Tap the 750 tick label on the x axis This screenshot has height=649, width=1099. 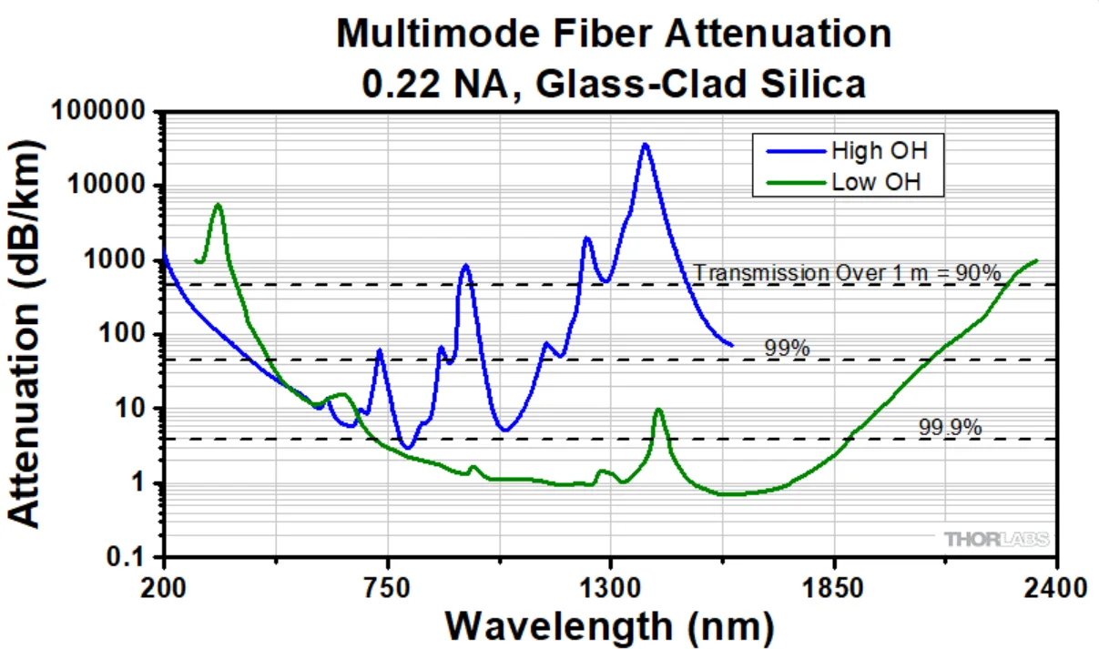388,586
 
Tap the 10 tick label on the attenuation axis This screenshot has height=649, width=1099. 137,409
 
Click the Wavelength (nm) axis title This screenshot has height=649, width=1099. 610,625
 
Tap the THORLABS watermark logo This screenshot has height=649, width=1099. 996,539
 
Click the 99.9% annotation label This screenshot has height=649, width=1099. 951,426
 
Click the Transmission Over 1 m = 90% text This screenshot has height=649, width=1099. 847,272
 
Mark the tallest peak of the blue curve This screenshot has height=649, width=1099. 645,144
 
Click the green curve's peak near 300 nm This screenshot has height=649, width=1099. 218,205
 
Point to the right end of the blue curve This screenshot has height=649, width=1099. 731,344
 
